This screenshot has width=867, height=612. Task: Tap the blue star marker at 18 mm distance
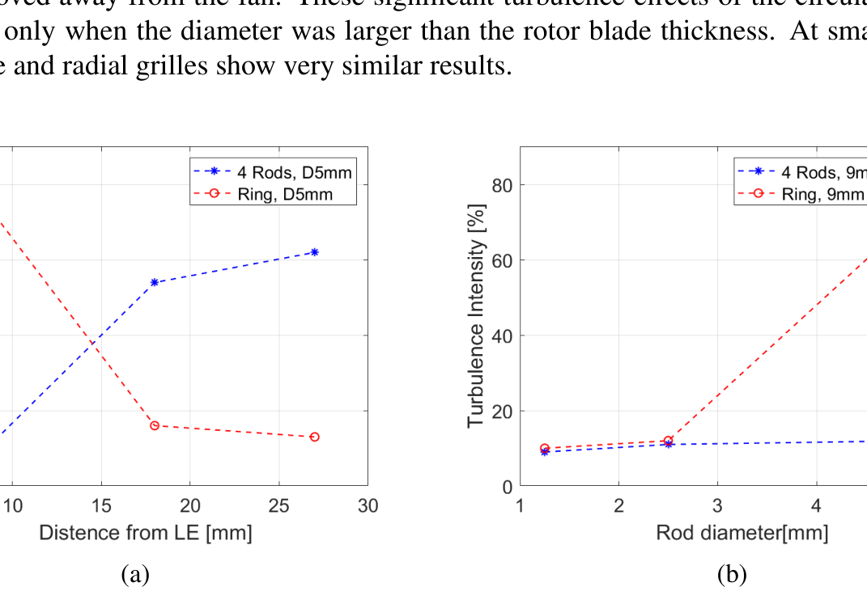click(x=154, y=282)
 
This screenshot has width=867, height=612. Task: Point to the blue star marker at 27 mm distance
click(x=314, y=252)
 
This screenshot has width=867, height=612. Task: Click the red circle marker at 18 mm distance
click(x=154, y=425)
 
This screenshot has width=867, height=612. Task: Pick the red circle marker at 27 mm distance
click(x=314, y=437)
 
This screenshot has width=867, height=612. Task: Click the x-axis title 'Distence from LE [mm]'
click(x=146, y=533)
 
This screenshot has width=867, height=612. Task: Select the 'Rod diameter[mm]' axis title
click(x=742, y=533)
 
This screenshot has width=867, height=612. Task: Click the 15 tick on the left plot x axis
click(x=100, y=506)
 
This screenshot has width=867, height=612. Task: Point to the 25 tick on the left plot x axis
click(x=278, y=506)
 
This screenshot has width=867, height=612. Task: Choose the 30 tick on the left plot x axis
click(x=368, y=506)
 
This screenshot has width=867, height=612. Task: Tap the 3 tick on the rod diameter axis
click(x=717, y=506)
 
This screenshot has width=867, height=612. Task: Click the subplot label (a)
click(x=135, y=575)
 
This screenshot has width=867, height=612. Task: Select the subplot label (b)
click(x=732, y=575)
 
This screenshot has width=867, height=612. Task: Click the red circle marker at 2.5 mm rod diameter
click(x=668, y=441)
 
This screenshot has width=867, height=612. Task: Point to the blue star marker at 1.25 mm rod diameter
click(x=545, y=452)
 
